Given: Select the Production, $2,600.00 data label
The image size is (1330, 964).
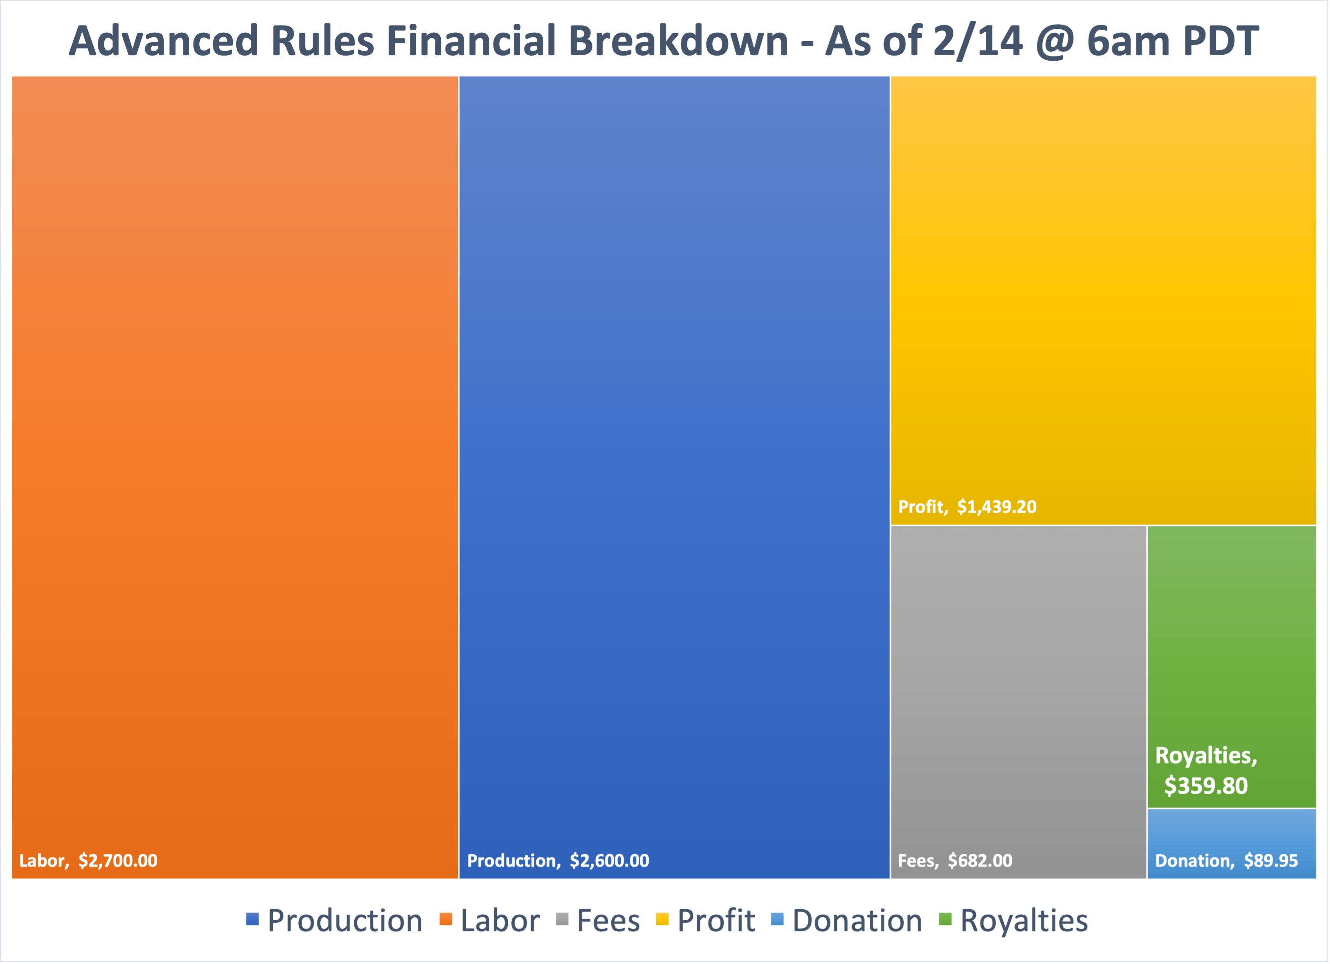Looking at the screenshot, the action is point(558,861).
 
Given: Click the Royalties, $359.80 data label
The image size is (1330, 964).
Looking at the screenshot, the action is point(1206,771).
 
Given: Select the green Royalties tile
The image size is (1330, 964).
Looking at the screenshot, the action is point(1232,667).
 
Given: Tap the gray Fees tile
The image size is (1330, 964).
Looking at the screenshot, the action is point(1019,702).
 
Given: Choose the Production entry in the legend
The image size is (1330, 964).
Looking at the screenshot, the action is point(334,921).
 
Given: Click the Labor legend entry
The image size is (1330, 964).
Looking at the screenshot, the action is point(490,921).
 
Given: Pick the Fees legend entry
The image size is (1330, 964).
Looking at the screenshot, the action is point(598,921).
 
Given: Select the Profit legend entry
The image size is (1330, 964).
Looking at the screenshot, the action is point(706,921).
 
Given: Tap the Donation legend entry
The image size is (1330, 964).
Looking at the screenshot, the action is point(847,921).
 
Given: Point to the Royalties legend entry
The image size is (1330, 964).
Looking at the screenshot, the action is point(1014,921).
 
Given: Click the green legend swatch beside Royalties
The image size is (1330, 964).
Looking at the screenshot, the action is point(945,919).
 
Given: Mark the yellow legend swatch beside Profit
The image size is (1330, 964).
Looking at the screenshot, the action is point(663,919).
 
